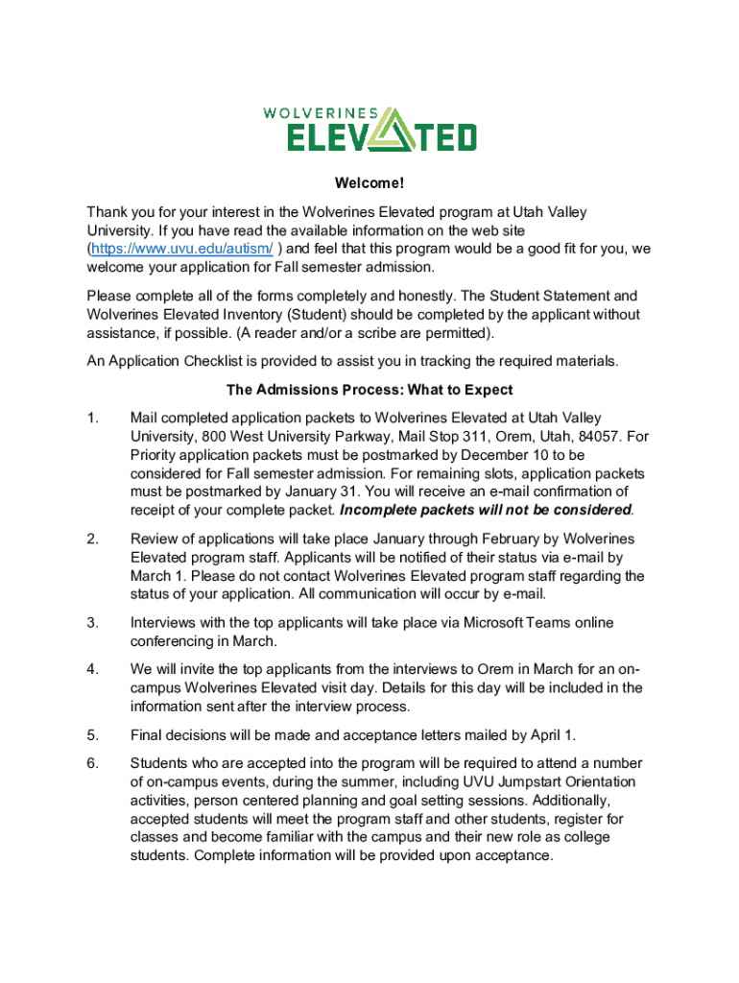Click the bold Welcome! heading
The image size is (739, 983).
coord(369,183)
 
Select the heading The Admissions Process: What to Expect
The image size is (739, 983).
coord(369,390)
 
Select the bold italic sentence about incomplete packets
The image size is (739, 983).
coord(486,510)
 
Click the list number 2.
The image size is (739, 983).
coord(92,539)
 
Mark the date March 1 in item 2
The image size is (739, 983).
coord(157,576)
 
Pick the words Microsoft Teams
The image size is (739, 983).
coord(517,623)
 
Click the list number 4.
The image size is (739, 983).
coord(92,670)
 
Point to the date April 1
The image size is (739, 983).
coord(550,735)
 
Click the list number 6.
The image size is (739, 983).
coord(92,764)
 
